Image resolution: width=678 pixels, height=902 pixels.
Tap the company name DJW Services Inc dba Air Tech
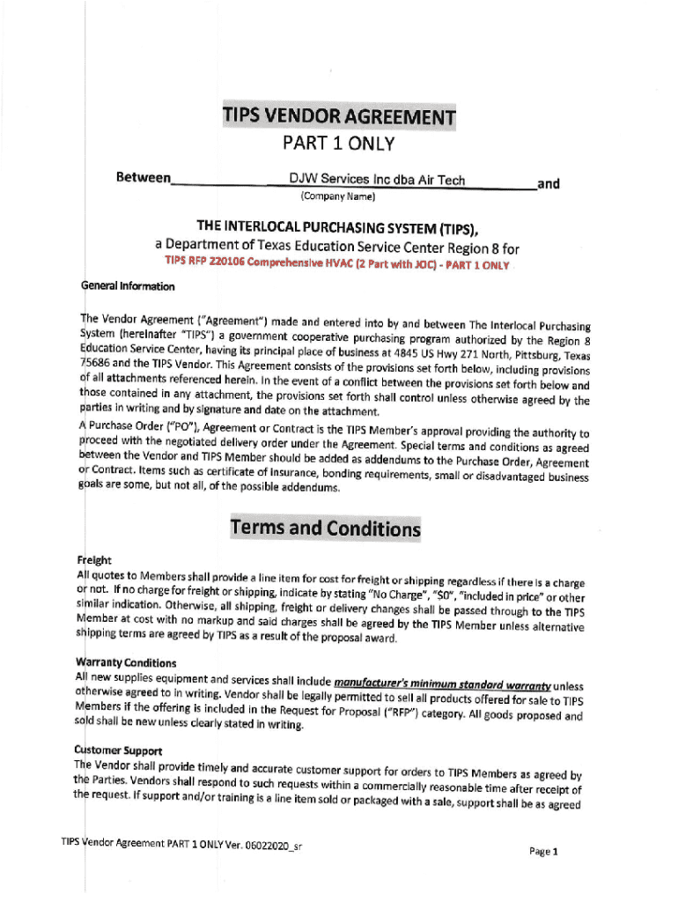(377, 181)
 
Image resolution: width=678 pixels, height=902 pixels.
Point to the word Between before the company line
(143, 178)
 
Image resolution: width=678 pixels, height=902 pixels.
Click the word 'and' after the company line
(549, 184)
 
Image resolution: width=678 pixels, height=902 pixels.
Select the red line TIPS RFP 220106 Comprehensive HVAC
(337, 264)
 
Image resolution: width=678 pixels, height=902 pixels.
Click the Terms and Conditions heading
(325, 529)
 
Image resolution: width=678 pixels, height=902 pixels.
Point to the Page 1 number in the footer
(543, 851)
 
